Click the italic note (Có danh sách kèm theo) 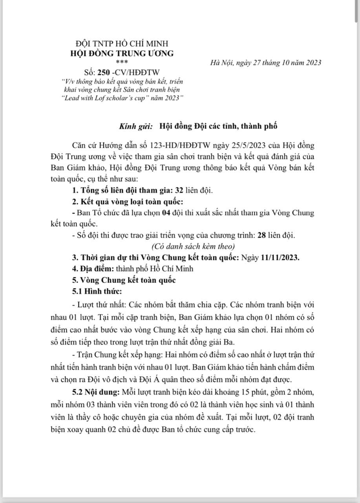coord(193,247)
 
